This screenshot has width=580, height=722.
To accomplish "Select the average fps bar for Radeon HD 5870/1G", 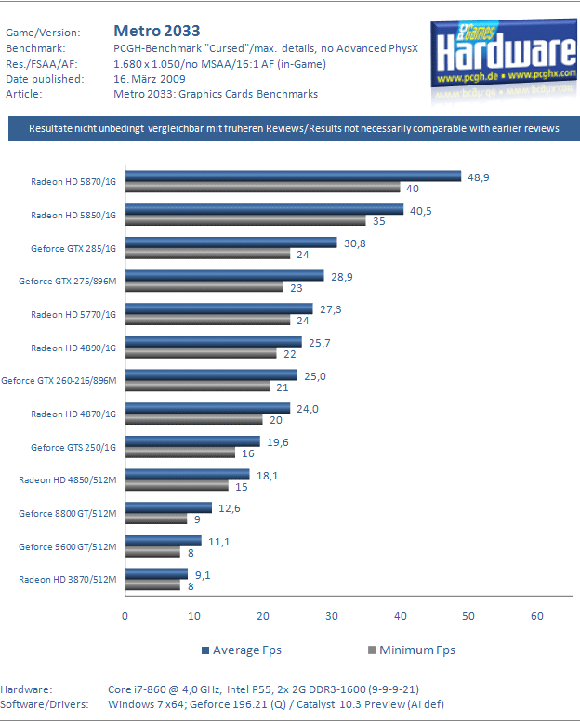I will (x=293, y=176).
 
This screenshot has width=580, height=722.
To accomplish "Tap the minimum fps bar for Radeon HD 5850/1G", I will (x=245, y=221).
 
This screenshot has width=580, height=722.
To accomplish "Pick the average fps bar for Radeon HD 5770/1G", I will (x=218, y=308).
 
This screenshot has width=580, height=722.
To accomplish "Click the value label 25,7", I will (x=322, y=344).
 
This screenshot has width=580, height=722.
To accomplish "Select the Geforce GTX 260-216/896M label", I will (x=59, y=380).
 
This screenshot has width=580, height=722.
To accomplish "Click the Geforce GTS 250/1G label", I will (x=73, y=447).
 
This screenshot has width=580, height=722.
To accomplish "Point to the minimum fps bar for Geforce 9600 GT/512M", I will (x=152, y=552).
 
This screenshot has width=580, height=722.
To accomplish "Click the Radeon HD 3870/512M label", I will (x=68, y=580).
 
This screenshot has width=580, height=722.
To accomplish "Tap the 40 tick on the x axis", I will (x=400, y=615).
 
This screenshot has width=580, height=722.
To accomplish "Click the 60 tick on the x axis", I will (x=537, y=615).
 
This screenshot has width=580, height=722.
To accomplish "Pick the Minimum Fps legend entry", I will (x=408, y=650).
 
